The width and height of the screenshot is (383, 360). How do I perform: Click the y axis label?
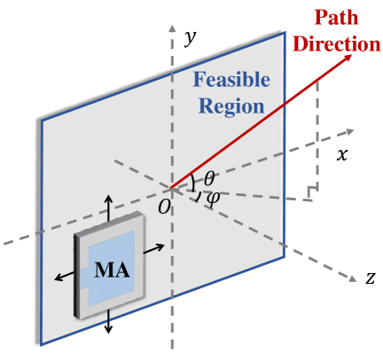click(188, 38)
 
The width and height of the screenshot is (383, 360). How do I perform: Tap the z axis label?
click(371, 278)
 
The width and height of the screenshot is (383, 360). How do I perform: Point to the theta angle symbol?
click(209, 178)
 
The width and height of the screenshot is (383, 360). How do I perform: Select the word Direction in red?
click(329, 43)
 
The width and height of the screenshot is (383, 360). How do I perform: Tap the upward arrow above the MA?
click(109, 203)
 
